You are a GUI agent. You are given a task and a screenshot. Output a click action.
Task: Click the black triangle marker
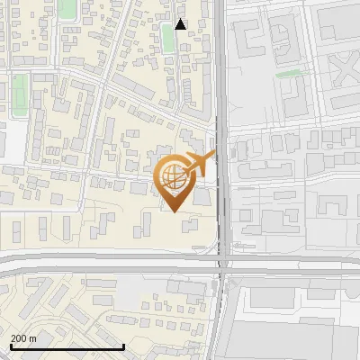[181, 24]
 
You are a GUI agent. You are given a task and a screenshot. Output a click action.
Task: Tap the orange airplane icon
[200, 165]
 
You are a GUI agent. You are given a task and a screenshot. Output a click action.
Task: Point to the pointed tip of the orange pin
[175, 212]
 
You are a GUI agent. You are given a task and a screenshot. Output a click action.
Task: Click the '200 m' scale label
[23, 338]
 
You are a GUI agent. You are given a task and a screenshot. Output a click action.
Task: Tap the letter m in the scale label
[32, 338]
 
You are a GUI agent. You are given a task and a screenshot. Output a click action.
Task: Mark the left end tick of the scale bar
[10, 346]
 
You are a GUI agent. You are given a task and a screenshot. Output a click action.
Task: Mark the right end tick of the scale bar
[123, 346]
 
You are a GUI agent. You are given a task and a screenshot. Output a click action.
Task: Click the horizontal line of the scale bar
[67, 347]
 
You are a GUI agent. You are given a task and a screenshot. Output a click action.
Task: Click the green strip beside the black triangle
[168, 38]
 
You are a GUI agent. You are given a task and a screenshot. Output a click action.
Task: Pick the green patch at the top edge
[67, 10]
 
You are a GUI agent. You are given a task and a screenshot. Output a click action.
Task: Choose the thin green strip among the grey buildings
[288, 74]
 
